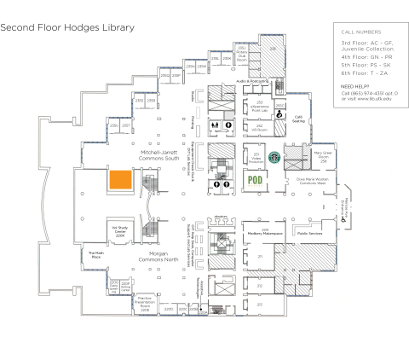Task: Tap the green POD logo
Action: coord(254,180)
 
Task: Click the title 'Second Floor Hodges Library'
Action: coord(67,27)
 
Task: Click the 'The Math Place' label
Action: coord(96,253)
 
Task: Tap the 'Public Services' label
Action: coord(308,231)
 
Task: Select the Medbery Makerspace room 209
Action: coord(270,231)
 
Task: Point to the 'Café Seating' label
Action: coord(299,119)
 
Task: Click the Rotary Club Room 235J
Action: coord(242,56)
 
